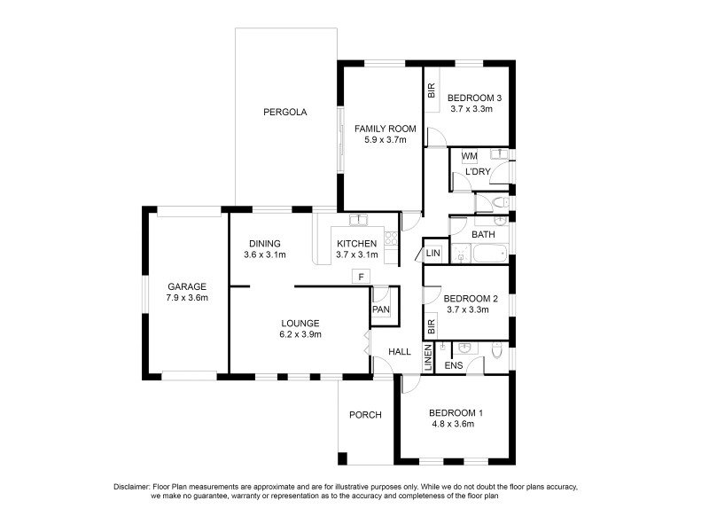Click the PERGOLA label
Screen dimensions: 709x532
click(x=284, y=112)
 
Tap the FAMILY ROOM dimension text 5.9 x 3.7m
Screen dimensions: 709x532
click(x=386, y=140)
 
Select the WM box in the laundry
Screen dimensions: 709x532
click(x=470, y=156)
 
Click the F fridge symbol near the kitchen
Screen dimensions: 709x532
click(x=361, y=277)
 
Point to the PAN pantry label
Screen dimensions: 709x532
click(x=381, y=309)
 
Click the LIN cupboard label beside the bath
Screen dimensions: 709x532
click(x=432, y=253)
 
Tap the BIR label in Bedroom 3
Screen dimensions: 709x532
click(x=432, y=90)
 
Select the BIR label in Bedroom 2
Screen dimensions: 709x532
click(x=431, y=326)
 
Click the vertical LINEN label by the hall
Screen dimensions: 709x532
click(x=428, y=358)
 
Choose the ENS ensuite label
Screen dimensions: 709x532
click(x=454, y=365)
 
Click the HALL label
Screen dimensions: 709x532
click(x=400, y=351)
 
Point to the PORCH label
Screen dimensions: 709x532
click(x=365, y=415)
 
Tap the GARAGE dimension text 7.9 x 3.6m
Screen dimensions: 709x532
click(x=187, y=298)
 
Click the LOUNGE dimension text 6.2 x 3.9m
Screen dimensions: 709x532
click(x=300, y=334)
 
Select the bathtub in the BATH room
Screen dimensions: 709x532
click(x=490, y=254)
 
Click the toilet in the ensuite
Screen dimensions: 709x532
click(x=497, y=349)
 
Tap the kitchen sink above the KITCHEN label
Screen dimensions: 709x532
click(x=359, y=220)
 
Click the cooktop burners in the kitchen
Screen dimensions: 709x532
click(x=391, y=239)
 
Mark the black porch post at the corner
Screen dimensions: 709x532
click(x=342, y=458)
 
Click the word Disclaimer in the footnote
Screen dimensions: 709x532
click(x=131, y=487)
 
